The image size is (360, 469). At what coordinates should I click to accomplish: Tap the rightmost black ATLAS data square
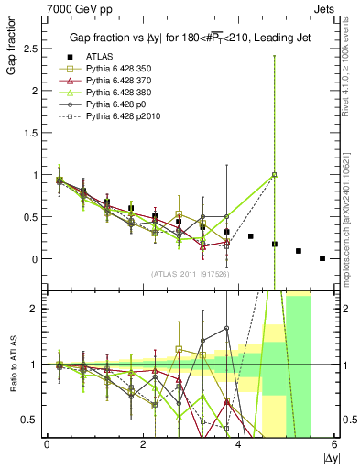322,258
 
